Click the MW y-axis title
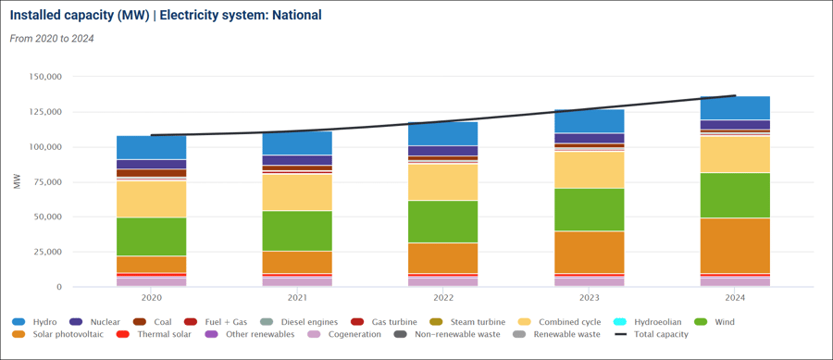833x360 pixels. pos(16,181)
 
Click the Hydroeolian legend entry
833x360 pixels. pos(652,322)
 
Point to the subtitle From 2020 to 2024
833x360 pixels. pos(52,39)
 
